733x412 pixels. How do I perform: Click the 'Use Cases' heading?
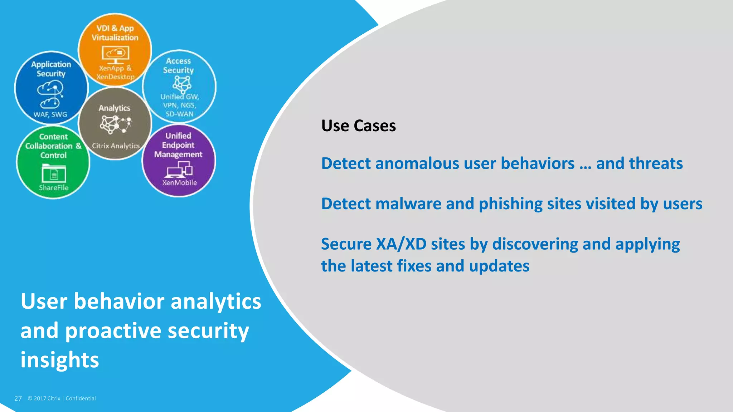pos(358,126)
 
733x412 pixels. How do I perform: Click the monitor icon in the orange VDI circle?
pos(115,55)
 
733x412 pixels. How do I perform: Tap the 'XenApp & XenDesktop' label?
pos(115,72)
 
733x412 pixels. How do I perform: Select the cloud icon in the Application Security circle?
pos(50,94)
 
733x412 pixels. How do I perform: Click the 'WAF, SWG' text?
pos(50,114)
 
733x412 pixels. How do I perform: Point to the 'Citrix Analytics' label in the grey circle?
pos(116,146)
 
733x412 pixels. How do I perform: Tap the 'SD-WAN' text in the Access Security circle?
pos(179,114)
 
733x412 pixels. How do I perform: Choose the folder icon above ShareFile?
pos(54,173)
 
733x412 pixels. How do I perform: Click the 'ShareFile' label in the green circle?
pos(54,188)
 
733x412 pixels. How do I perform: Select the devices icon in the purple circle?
pos(179,169)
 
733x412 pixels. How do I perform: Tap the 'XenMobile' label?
pos(179,183)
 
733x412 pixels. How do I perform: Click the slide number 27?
pos(18,398)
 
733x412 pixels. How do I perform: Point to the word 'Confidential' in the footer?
pos(81,398)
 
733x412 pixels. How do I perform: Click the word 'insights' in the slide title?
pos(60,360)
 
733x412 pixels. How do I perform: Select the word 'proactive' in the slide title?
pos(113,331)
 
